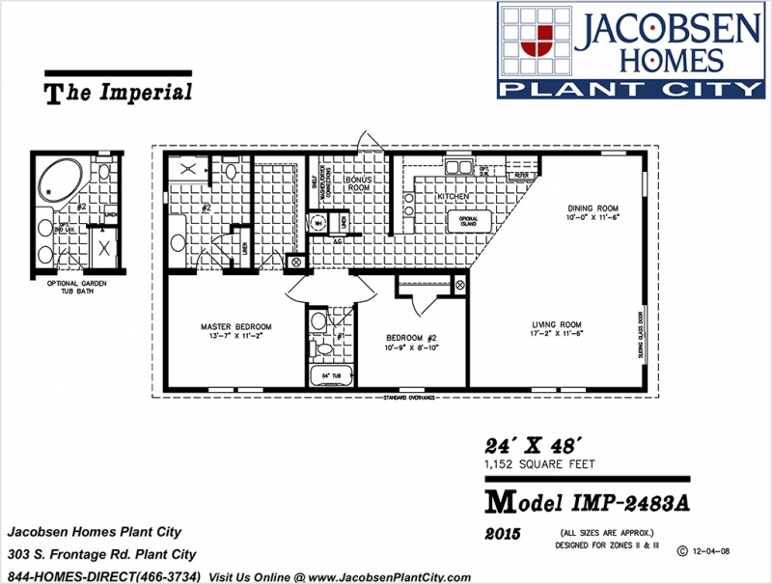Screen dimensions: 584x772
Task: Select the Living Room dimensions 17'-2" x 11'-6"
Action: pos(558,333)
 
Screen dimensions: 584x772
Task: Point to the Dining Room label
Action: pos(593,209)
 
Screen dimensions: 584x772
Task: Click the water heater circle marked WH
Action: pos(317,222)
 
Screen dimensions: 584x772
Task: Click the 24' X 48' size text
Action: pos(532,447)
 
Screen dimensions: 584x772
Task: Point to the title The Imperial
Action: pos(119,93)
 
